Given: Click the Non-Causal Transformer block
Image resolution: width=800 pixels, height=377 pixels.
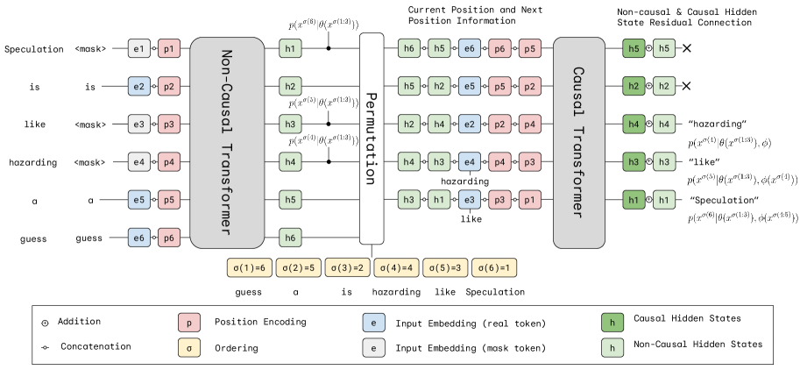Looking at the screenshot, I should point(227,142).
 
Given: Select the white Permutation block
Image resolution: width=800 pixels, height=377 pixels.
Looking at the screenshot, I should point(372,139).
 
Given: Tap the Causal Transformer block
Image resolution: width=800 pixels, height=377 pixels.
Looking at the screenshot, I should point(578,142).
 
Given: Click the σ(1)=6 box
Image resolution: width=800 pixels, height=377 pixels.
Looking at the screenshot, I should point(250,268).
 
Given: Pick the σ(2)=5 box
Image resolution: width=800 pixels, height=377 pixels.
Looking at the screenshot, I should point(299,268).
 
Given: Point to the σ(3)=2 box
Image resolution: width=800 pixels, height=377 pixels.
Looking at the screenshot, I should point(348,268).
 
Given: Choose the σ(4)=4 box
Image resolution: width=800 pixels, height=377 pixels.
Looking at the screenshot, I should point(397,268).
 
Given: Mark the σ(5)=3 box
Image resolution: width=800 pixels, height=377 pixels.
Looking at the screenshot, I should point(446,268).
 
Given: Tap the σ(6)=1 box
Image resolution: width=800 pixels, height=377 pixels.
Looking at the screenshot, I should point(494,268).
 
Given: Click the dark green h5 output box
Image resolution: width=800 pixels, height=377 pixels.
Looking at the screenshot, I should point(634,49).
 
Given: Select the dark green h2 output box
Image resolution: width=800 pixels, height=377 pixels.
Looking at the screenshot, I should point(634,86).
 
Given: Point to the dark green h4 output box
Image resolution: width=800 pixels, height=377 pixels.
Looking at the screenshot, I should point(634,124).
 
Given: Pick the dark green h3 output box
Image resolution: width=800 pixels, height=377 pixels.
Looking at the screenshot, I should point(634,162).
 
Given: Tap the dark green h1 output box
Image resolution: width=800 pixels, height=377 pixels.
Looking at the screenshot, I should point(634,200).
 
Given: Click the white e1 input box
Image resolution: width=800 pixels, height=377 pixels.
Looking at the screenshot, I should point(138,49).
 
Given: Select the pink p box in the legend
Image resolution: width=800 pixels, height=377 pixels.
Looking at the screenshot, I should point(188,324).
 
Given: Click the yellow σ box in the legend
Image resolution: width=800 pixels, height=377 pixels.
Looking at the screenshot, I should point(188,348).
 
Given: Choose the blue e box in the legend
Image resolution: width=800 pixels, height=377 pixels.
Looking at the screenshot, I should point(374,324).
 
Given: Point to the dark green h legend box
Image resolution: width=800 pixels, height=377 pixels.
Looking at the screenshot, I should point(612,324).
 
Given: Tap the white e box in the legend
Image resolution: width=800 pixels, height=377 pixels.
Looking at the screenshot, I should point(374,348).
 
